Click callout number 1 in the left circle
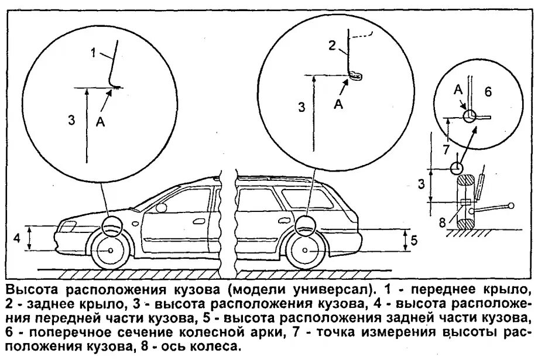tap(93, 52)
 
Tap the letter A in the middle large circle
tap(338, 103)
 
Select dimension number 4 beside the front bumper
tap(18, 238)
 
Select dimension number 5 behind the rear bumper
tap(413, 239)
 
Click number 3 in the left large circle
tap(71, 120)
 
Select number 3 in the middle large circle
tap(301, 107)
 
